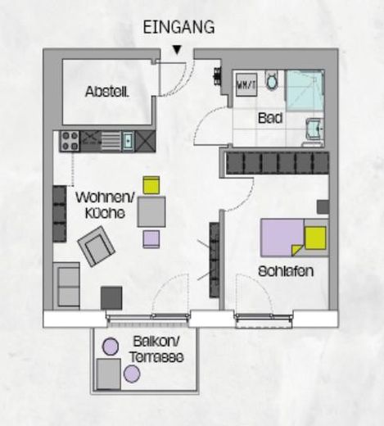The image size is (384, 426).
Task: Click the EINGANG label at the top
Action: coord(178,27)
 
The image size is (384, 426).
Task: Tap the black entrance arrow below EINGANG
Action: coord(177,50)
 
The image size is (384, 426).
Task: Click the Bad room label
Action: coord(270,119)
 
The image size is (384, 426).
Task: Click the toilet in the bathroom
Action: coord(273,81)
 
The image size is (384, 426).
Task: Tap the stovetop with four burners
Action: coord(68,140)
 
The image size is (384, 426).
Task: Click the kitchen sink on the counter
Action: coord(128,141)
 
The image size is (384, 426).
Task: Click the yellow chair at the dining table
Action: coord(151,185)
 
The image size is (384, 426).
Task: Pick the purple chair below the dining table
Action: coord(151,239)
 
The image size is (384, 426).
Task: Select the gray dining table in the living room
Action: coord(151,211)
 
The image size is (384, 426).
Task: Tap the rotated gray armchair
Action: coord(97,244)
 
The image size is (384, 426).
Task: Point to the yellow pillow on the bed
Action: coord(315,238)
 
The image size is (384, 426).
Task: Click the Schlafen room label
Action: coord(287,270)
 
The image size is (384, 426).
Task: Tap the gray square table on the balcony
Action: coord(108,374)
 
